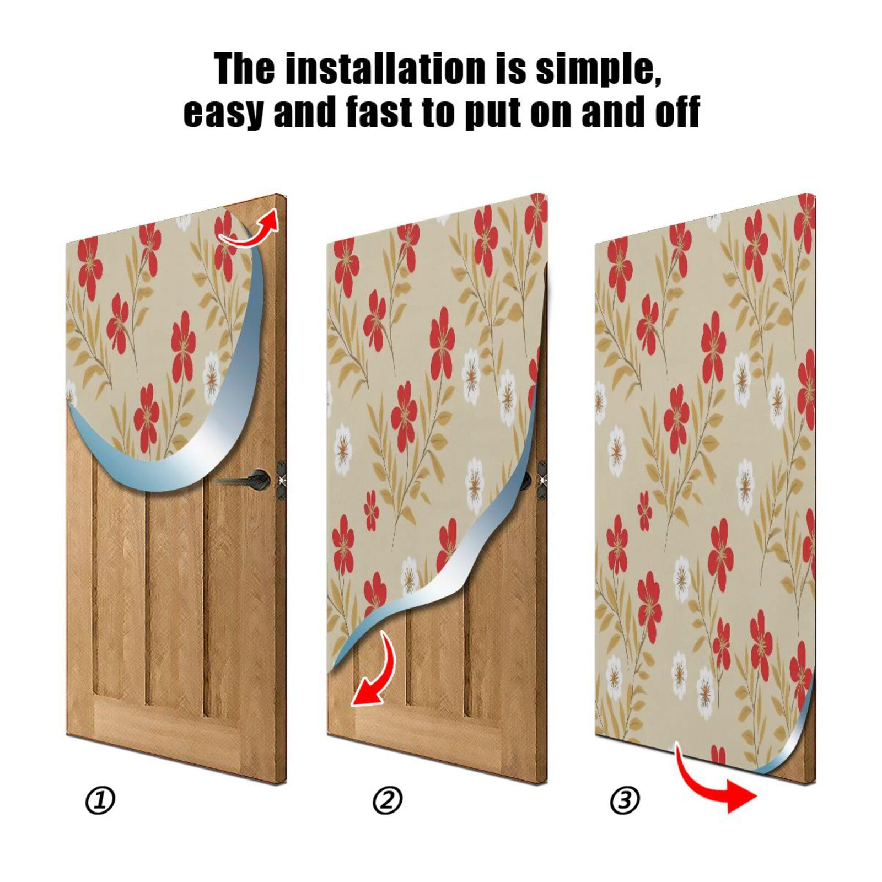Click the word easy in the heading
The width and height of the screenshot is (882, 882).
click(x=223, y=112)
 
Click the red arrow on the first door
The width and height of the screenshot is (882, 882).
click(x=251, y=230)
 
